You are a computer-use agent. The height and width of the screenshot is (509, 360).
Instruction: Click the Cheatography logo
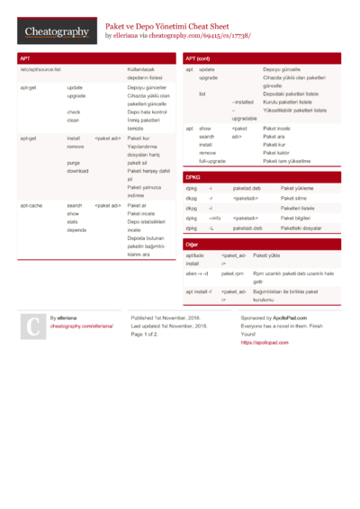pos(55,31)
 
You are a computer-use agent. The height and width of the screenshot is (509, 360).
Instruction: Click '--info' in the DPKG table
pos(215,218)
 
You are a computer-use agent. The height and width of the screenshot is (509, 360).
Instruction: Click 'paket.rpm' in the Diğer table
pos(232,272)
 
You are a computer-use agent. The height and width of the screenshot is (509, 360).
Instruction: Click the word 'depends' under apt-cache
pos(77,229)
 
